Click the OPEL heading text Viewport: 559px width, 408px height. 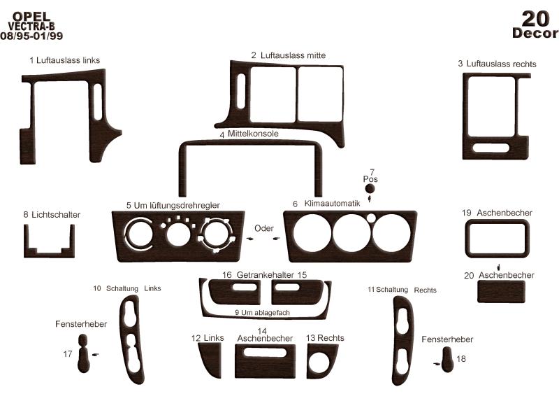(31, 16)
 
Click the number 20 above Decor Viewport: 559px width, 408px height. (535, 19)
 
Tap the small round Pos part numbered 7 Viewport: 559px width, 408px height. (370, 188)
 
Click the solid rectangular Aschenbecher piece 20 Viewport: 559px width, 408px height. (501, 291)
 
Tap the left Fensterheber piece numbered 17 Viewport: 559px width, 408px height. (83, 353)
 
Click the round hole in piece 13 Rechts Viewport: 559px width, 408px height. (319, 363)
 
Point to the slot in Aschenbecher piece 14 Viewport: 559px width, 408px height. (265, 353)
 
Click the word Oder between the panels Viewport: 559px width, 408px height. (264, 228)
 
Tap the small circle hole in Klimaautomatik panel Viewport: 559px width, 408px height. (371, 218)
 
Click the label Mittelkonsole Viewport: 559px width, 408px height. (253, 134)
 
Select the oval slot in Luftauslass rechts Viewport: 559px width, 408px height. (491, 148)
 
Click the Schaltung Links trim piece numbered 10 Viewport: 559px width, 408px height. (133, 339)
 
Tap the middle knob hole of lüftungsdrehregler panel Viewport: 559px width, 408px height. (178, 235)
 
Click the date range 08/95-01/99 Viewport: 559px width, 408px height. (31, 36)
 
